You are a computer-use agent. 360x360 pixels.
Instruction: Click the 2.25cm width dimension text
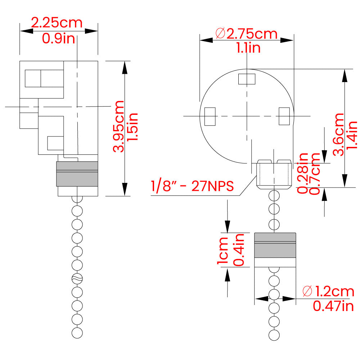tap(57, 23)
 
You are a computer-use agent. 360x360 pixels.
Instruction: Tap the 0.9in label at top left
tap(59, 38)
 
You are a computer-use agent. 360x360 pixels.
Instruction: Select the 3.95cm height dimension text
tap(118, 126)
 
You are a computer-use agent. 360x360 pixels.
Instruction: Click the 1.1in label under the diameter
tap(248, 48)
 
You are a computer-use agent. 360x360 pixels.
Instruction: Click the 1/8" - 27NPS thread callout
tap(193, 186)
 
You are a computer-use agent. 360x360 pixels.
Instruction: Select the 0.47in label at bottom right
tap(333, 306)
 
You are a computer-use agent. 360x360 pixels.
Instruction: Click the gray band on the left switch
tap(77, 174)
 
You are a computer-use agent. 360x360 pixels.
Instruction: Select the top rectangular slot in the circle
tap(247, 79)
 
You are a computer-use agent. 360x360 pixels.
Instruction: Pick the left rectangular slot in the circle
tap(210, 116)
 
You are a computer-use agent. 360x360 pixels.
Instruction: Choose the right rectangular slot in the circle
tap(284, 116)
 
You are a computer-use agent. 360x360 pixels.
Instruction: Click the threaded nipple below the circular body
tap(274, 174)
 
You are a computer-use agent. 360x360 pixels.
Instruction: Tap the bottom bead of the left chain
tap(77, 333)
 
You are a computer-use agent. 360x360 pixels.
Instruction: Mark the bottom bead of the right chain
tap(274, 336)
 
